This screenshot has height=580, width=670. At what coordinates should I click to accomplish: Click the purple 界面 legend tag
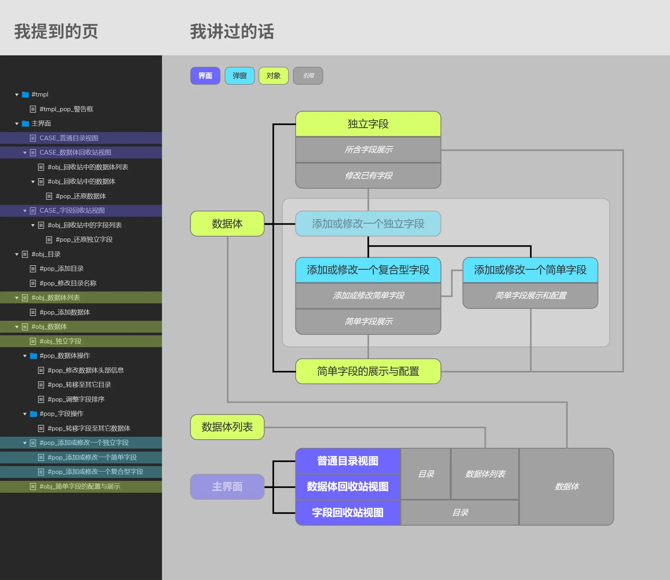[x=205, y=76]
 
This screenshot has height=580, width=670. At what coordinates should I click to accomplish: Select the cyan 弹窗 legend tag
[x=239, y=76]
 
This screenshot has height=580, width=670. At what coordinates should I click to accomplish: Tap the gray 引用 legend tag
[x=308, y=76]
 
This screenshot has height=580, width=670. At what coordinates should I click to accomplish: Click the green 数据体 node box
[x=227, y=224]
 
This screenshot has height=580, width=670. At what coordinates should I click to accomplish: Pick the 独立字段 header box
[x=368, y=124]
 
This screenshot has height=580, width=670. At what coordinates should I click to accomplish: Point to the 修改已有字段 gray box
[x=368, y=176]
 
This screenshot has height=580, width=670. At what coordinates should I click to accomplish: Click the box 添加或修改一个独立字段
[x=368, y=224]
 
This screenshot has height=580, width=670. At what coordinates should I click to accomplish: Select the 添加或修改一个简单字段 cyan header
[x=530, y=270]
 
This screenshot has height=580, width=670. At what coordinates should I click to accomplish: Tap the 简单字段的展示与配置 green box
[x=368, y=371]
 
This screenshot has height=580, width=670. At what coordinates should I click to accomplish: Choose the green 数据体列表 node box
[x=227, y=427]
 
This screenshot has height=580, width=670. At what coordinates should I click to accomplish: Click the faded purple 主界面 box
[x=227, y=486]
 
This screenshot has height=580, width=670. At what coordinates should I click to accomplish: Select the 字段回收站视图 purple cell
[x=348, y=512]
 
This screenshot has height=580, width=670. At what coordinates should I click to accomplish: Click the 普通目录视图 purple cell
[x=348, y=461]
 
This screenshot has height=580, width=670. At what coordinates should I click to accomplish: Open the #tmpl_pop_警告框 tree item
[x=66, y=109]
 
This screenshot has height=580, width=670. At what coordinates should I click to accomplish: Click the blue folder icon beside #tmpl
[x=25, y=95]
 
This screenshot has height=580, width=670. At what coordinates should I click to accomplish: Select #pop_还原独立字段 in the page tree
[x=84, y=239]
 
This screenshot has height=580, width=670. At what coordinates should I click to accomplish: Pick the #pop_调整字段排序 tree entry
[x=76, y=399]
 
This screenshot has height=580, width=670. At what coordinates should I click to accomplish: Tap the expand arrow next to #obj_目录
[x=17, y=254]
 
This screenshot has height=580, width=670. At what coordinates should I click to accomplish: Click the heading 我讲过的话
[x=232, y=32]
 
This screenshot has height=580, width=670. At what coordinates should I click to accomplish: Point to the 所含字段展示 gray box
[x=368, y=150]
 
